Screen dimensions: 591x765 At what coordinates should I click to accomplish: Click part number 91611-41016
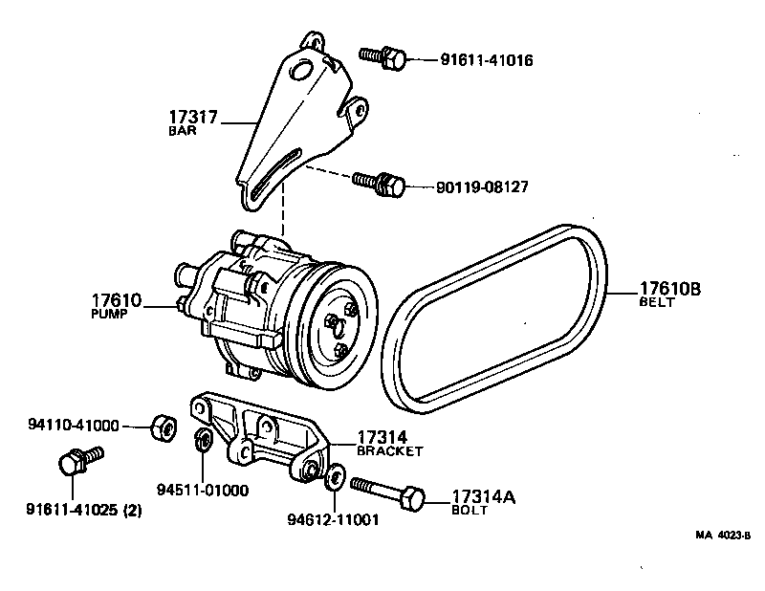coord(486,60)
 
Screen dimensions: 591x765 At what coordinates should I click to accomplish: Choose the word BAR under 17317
coord(182,132)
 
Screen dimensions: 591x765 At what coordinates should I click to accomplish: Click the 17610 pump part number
coord(117,300)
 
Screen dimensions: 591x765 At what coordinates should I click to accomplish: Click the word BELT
coord(657,302)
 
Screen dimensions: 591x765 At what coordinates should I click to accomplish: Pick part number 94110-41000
coord(73,425)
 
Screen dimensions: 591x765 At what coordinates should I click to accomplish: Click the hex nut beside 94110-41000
coord(161,426)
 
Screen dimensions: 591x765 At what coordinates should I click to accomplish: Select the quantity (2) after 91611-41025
coord(132,510)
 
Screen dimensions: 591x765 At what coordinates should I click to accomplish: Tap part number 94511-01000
coord(202,491)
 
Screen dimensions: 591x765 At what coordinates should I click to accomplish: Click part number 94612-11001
coord(333,520)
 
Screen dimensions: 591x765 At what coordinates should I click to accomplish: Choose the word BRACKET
coord(389,449)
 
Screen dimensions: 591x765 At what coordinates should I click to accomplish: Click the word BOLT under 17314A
coord(469,512)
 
